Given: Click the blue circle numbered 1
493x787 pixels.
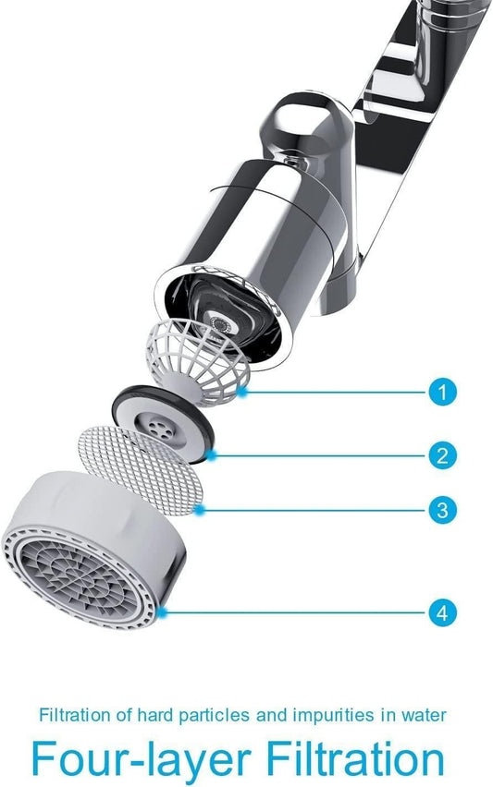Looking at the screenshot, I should tap(443, 392).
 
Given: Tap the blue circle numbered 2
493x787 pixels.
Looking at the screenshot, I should tap(443, 454).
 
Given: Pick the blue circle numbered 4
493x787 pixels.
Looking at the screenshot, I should tap(443, 611).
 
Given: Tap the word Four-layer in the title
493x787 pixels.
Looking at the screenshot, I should tap(133, 759).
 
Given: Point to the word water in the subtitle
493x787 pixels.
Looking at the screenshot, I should tap(425, 714).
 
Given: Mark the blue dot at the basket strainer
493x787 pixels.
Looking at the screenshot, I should tap(241, 392).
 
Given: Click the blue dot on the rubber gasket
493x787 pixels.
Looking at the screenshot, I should tap(213, 454).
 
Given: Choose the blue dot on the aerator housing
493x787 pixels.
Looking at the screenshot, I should tap(163, 611).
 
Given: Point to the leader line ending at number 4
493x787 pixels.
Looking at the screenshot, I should tap(296, 611).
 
